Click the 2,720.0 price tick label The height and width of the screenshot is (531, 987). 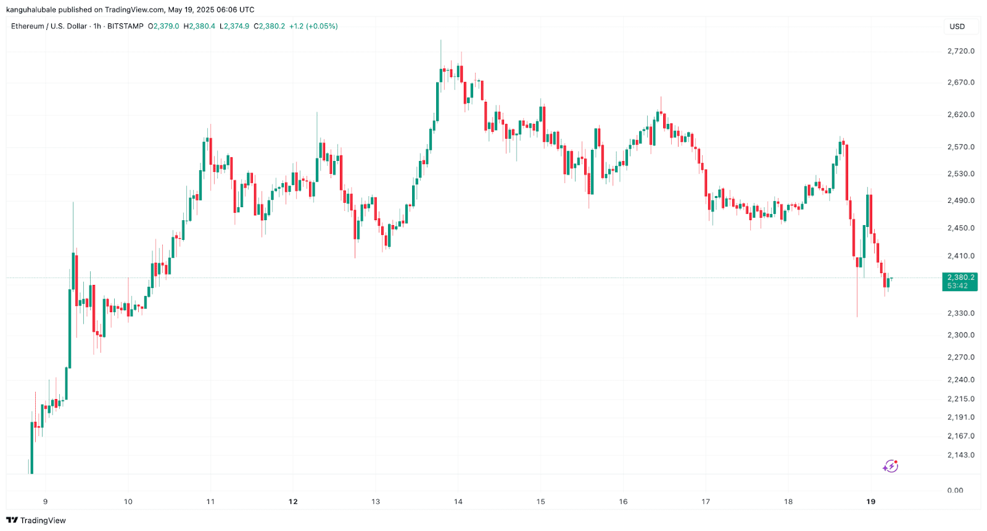pyautogui.click(x=960, y=51)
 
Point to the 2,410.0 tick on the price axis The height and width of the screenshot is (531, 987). pyautogui.click(x=960, y=256)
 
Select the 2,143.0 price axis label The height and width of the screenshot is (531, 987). pyautogui.click(x=960, y=455)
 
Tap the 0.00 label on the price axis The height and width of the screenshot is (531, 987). pyautogui.click(x=955, y=490)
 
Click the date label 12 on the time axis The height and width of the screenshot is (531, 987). pyautogui.click(x=293, y=501)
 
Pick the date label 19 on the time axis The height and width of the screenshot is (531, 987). pyautogui.click(x=870, y=501)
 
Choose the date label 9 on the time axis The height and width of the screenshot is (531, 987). pyautogui.click(x=46, y=501)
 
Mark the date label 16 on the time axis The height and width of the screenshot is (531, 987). pyautogui.click(x=623, y=501)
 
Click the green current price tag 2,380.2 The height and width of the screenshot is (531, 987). pyautogui.click(x=960, y=278)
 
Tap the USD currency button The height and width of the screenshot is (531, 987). pyautogui.click(x=957, y=27)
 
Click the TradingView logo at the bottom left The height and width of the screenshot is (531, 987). pyautogui.click(x=36, y=521)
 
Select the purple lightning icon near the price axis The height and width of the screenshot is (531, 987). pyautogui.click(x=890, y=466)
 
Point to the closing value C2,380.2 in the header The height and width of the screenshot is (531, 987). pyautogui.click(x=271, y=27)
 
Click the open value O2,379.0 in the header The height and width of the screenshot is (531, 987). pyautogui.click(x=163, y=27)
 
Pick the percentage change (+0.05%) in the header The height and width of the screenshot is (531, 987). pyautogui.click(x=322, y=27)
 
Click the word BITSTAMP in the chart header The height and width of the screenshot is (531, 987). pyautogui.click(x=125, y=27)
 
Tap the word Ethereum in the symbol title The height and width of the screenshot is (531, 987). pyautogui.click(x=28, y=27)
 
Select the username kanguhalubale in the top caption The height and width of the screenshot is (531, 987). pyautogui.click(x=31, y=10)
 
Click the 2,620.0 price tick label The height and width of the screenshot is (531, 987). pyautogui.click(x=960, y=115)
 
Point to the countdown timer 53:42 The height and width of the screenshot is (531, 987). pyautogui.click(x=957, y=286)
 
